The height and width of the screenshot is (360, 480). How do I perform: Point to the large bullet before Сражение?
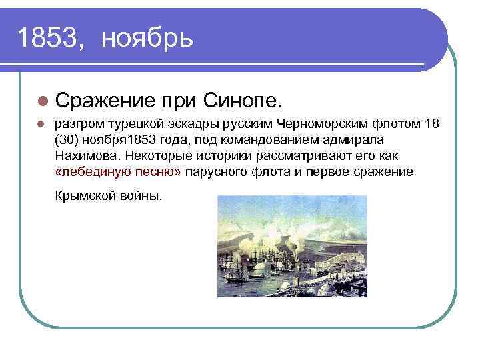click(x=43, y=101)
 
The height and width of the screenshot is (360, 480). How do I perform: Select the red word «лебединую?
click(x=88, y=172)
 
